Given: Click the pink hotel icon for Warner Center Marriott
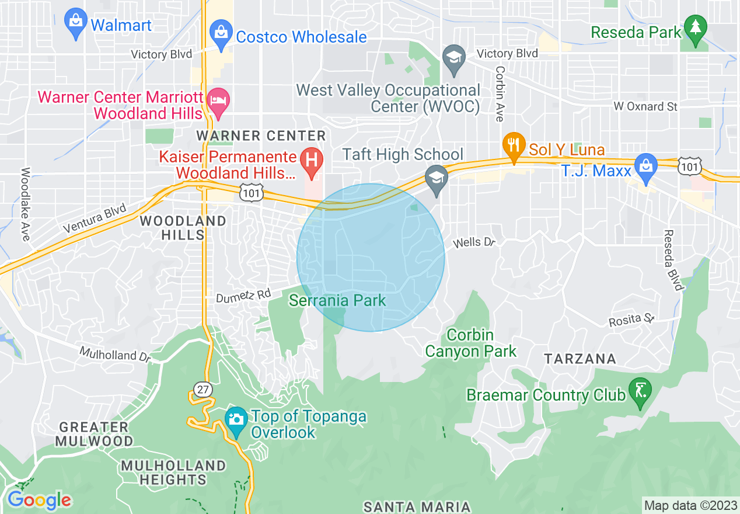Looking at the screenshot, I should click(x=219, y=99).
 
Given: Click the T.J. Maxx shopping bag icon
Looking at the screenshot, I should click(x=646, y=166).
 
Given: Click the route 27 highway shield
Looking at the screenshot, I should click(x=202, y=390).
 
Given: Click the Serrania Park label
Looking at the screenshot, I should click(x=338, y=301).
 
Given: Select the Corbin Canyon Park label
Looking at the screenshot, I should click(x=470, y=343).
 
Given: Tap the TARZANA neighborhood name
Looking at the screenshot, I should click(x=580, y=359).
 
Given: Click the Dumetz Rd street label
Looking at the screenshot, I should click(x=243, y=297).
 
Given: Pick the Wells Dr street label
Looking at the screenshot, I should click(x=474, y=242).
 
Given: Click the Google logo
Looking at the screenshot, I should click(x=39, y=501).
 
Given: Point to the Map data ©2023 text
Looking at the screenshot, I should click(x=689, y=505).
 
